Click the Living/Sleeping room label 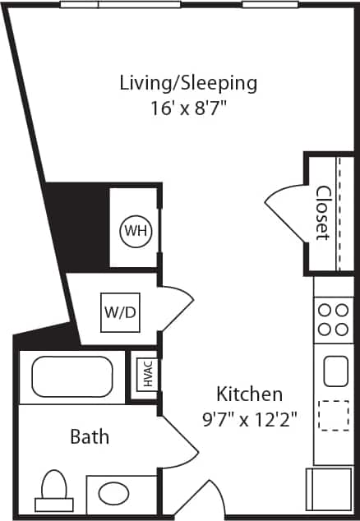[188, 83]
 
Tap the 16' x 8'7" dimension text [188, 107]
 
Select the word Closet [323, 213]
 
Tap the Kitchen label [250, 394]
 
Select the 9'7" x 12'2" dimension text [250, 418]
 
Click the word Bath [89, 436]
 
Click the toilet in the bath [53, 491]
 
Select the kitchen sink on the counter [335, 370]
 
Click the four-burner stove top [333, 320]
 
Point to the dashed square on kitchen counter [333, 416]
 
